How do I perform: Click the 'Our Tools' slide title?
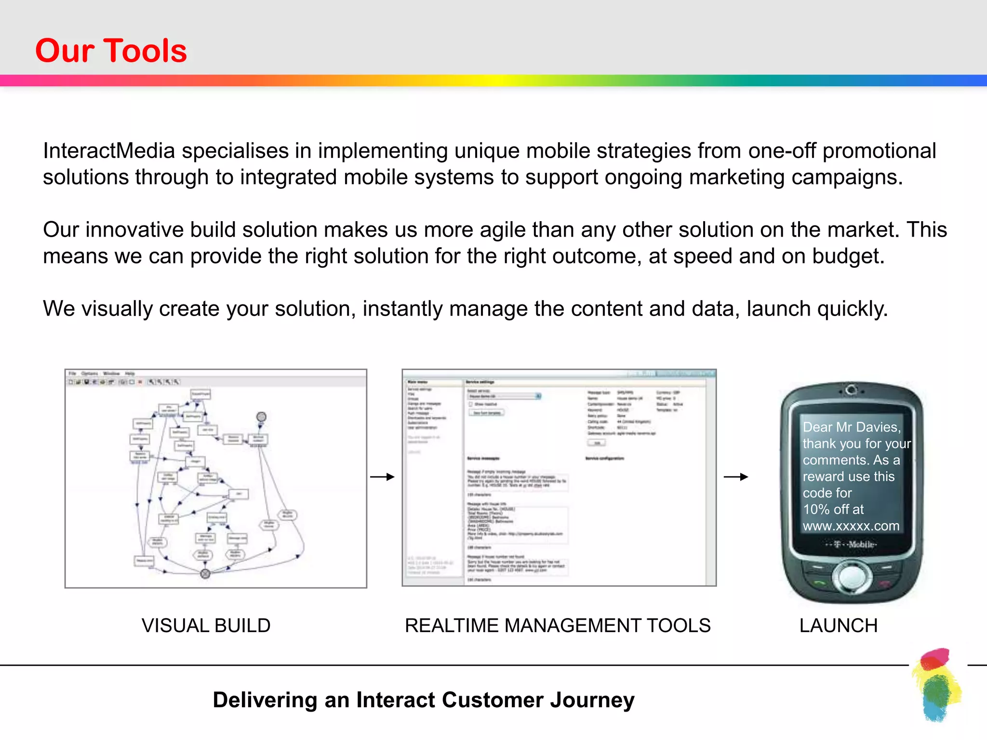tap(111, 51)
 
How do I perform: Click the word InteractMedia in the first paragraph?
tap(109, 151)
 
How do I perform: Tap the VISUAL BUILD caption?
tap(206, 625)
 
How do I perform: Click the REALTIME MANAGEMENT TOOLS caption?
tap(558, 625)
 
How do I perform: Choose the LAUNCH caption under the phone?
tap(838, 625)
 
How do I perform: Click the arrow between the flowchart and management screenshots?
tap(383, 477)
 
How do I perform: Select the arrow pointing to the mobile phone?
tap(736, 477)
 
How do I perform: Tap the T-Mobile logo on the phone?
tap(851, 544)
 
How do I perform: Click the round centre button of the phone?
tap(852, 576)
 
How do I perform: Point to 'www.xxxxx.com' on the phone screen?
tap(851, 526)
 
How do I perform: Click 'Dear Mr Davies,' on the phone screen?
tap(851, 427)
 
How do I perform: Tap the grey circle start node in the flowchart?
tap(261, 417)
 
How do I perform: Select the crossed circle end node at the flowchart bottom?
tap(205, 573)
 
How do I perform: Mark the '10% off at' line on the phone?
tap(833, 509)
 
